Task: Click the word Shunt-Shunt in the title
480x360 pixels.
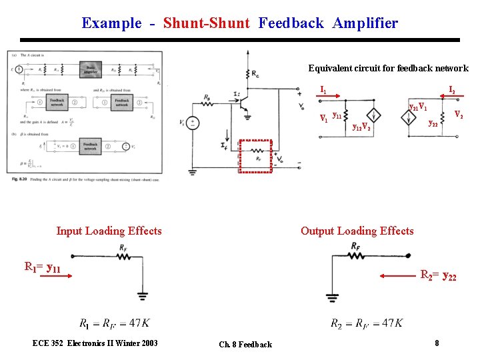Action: (x=207, y=23)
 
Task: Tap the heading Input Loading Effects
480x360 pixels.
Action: (x=109, y=231)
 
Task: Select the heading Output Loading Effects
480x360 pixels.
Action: (x=357, y=231)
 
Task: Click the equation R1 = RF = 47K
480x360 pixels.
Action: (x=114, y=323)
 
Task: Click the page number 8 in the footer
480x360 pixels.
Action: (x=437, y=343)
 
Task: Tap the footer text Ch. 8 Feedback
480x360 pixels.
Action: (x=245, y=345)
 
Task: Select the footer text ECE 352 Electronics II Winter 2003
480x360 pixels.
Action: (x=95, y=343)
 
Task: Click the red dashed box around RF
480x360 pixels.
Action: (x=256, y=157)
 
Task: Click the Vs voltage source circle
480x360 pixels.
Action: (x=191, y=123)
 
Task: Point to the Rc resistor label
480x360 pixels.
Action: (x=256, y=73)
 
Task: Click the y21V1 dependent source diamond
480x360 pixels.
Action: (x=409, y=118)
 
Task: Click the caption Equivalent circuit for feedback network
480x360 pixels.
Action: (x=388, y=68)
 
